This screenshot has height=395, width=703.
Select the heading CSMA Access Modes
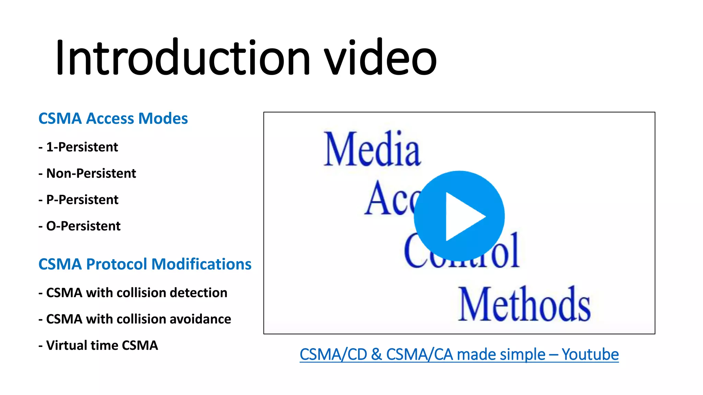point(113,119)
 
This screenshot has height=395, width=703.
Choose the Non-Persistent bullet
point(91,173)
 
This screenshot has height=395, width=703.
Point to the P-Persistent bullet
point(82,200)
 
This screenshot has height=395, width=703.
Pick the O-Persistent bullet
point(83,226)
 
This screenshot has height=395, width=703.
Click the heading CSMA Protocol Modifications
point(145,264)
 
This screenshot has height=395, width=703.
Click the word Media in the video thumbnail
point(372,149)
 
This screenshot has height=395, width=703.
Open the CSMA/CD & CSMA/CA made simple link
point(422,355)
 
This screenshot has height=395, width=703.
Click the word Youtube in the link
point(590,355)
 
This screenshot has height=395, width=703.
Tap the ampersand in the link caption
point(377,355)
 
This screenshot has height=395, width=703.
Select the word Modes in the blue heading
point(163,119)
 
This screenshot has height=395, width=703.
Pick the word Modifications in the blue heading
point(201,264)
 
